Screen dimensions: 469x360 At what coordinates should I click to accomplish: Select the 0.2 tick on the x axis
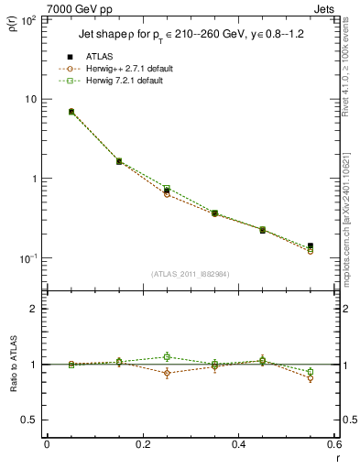click(x=142, y=444)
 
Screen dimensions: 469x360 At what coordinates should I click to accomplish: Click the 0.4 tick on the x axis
click(x=238, y=444)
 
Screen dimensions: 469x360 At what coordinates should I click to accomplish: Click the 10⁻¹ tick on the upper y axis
click(x=28, y=259)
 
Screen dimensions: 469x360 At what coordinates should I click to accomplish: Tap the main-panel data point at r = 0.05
click(x=71, y=112)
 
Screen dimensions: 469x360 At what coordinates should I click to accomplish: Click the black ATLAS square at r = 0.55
click(x=311, y=245)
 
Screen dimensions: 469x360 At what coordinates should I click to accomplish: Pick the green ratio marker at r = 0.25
click(x=167, y=357)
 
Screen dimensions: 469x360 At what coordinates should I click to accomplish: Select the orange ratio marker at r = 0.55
click(x=311, y=378)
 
